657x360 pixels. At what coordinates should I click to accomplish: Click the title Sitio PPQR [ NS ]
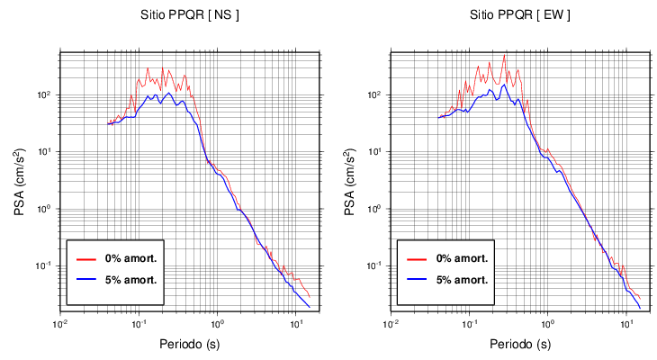click(189, 16)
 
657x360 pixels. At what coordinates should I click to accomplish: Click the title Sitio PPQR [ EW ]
click(519, 16)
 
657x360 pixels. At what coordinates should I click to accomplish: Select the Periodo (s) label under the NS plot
click(189, 344)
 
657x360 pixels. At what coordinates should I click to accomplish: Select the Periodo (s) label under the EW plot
click(519, 344)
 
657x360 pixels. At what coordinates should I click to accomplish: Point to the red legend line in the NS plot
click(86, 258)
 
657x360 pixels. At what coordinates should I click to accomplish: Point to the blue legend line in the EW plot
click(417, 280)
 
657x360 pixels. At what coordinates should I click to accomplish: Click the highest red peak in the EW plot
click(504, 57)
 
